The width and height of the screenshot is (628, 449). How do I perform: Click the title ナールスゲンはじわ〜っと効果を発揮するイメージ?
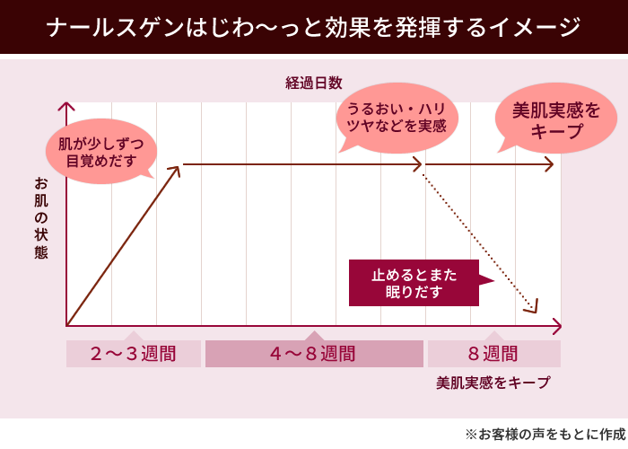313,28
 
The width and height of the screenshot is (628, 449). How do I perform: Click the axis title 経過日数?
314,84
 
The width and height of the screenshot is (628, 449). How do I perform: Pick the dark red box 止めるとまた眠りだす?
414,282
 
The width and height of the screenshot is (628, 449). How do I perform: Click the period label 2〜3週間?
134,353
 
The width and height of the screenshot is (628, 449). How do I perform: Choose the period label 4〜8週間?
313,353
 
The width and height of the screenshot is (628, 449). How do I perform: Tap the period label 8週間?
493,353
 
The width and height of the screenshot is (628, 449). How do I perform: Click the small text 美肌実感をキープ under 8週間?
493,383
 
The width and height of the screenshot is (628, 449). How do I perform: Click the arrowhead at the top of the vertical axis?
66,107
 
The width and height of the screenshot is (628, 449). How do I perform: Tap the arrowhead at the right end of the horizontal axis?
557,324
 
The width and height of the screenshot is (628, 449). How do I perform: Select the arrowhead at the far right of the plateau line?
550,165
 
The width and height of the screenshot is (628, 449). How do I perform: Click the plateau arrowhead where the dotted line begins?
418,165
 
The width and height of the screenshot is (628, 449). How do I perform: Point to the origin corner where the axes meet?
67,324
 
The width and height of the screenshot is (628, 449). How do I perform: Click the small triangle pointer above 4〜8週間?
314,336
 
